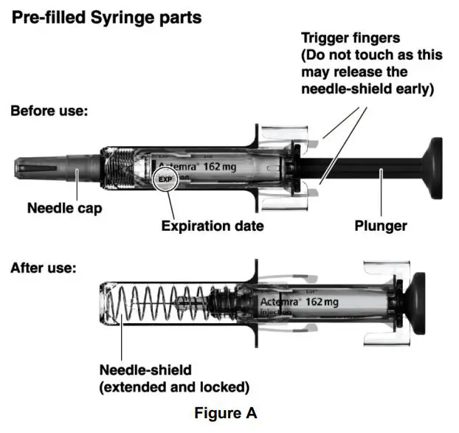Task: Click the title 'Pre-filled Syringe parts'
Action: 106,17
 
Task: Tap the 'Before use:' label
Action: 49,112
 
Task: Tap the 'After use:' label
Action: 43,268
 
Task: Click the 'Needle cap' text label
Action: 65,208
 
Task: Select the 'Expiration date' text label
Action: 213,226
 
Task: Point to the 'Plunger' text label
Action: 380,226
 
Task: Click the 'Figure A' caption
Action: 226,413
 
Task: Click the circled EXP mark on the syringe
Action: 165,179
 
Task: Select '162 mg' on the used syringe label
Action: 322,302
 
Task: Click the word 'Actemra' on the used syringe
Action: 280,302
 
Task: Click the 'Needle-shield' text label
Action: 145,369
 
